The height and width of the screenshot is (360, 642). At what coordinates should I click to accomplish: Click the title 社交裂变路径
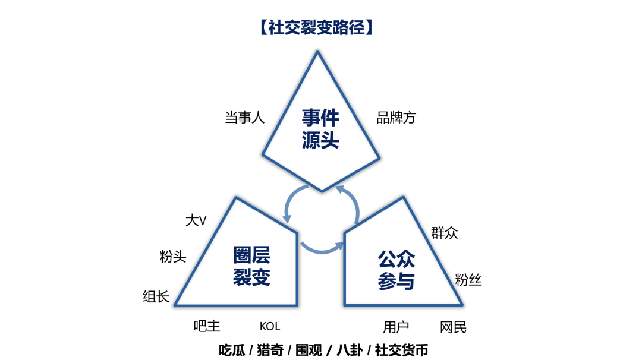317,28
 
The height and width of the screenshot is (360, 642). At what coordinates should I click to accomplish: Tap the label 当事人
244,118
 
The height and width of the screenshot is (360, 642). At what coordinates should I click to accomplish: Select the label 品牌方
396,118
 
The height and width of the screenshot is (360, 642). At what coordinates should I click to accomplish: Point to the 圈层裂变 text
251,266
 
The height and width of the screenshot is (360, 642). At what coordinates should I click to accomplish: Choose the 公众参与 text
396,270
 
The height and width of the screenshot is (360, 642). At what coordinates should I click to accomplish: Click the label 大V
196,220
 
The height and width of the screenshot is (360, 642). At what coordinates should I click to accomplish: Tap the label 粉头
173,257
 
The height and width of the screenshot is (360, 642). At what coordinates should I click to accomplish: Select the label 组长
156,296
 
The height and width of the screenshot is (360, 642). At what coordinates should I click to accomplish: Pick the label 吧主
207,326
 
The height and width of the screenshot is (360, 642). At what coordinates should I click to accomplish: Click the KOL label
270,326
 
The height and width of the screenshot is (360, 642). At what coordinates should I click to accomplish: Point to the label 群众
445,232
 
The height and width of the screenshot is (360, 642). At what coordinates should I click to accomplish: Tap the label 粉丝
468,280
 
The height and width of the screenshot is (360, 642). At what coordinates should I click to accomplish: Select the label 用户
396,327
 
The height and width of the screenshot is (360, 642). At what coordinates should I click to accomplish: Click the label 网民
453,327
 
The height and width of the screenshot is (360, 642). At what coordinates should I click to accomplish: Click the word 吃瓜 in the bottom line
232,350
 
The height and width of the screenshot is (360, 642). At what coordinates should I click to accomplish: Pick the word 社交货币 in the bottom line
401,350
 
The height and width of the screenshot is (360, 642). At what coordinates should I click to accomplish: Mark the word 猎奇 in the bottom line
270,350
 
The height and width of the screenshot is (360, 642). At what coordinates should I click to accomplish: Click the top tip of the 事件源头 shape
318,52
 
